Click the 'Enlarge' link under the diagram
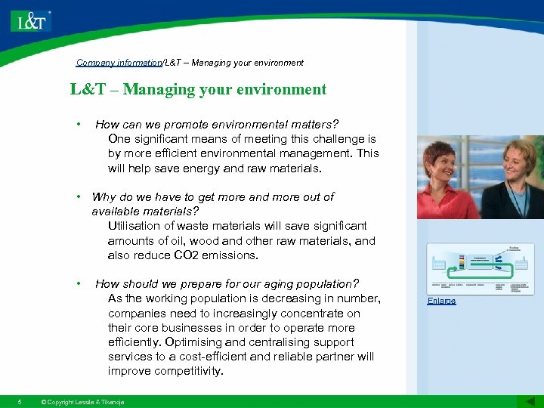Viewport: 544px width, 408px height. coord(441,301)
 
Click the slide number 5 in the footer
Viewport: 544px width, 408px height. coord(20,401)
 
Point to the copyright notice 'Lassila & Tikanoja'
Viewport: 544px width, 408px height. coord(83,401)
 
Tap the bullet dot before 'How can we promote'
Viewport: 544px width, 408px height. coord(78,124)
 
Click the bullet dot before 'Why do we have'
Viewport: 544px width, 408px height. coord(78,196)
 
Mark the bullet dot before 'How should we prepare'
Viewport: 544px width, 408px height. coord(78,284)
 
